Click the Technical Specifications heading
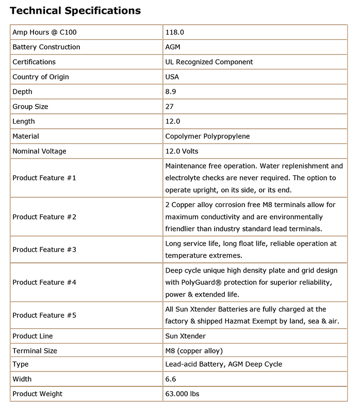pyautogui.click(x=75, y=10)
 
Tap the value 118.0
pyautogui.click(x=174, y=32)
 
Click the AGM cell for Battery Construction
pyautogui.click(x=173, y=47)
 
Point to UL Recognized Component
pyautogui.click(x=209, y=62)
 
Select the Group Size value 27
pyautogui.click(x=169, y=107)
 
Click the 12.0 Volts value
pyautogui.click(x=182, y=151)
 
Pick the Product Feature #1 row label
pyautogui.click(x=44, y=178)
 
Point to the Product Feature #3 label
pyautogui.click(x=44, y=249)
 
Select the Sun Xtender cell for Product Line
pyautogui.click(x=185, y=336)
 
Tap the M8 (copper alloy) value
pyautogui.click(x=194, y=351)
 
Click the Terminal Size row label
pyautogui.click(x=35, y=351)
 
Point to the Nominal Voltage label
pyautogui.click(x=39, y=151)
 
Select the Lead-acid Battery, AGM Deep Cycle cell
pyautogui.click(x=223, y=364)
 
